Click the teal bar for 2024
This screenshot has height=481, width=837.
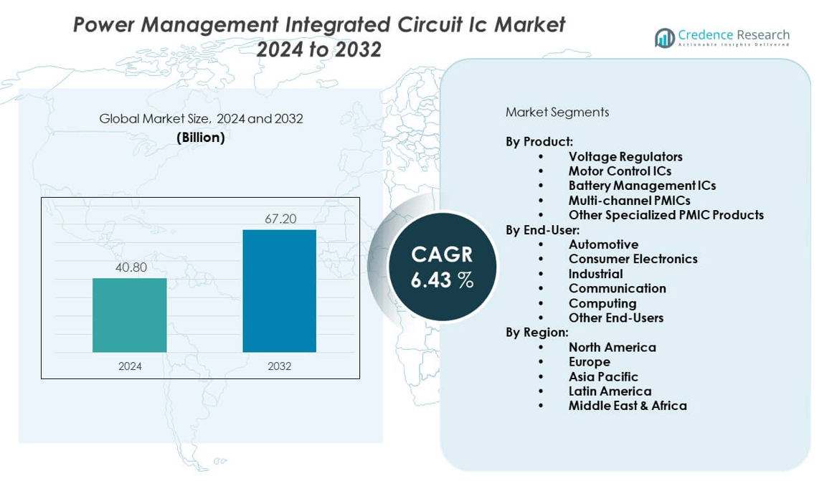coord(130,315)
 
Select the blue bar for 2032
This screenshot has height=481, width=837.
coord(279,290)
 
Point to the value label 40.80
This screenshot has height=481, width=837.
coord(131,268)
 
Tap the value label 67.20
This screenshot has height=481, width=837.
coord(280,219)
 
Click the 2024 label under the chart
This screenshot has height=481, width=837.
coord(130,366)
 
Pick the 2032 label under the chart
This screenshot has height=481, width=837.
coord(280,366)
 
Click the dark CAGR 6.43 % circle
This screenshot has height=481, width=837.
coord(442,267)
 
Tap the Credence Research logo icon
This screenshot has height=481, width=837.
coord(664,37)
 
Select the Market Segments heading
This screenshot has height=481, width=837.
coord(557,112)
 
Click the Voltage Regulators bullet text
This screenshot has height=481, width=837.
coord(625,156)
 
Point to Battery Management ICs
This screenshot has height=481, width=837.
coord(642,186)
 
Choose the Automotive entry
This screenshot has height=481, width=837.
coord(603,244)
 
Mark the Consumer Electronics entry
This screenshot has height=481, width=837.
coord(633,259)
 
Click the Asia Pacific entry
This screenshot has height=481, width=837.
coord(603,376)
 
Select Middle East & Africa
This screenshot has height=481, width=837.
coord(628,406)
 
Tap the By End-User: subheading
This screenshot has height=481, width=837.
coord(542,229)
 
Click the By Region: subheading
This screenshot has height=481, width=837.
coord(536,333)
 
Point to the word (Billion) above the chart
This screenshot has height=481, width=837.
coord(201,138)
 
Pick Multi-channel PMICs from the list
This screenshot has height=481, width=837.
coord(629,200)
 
